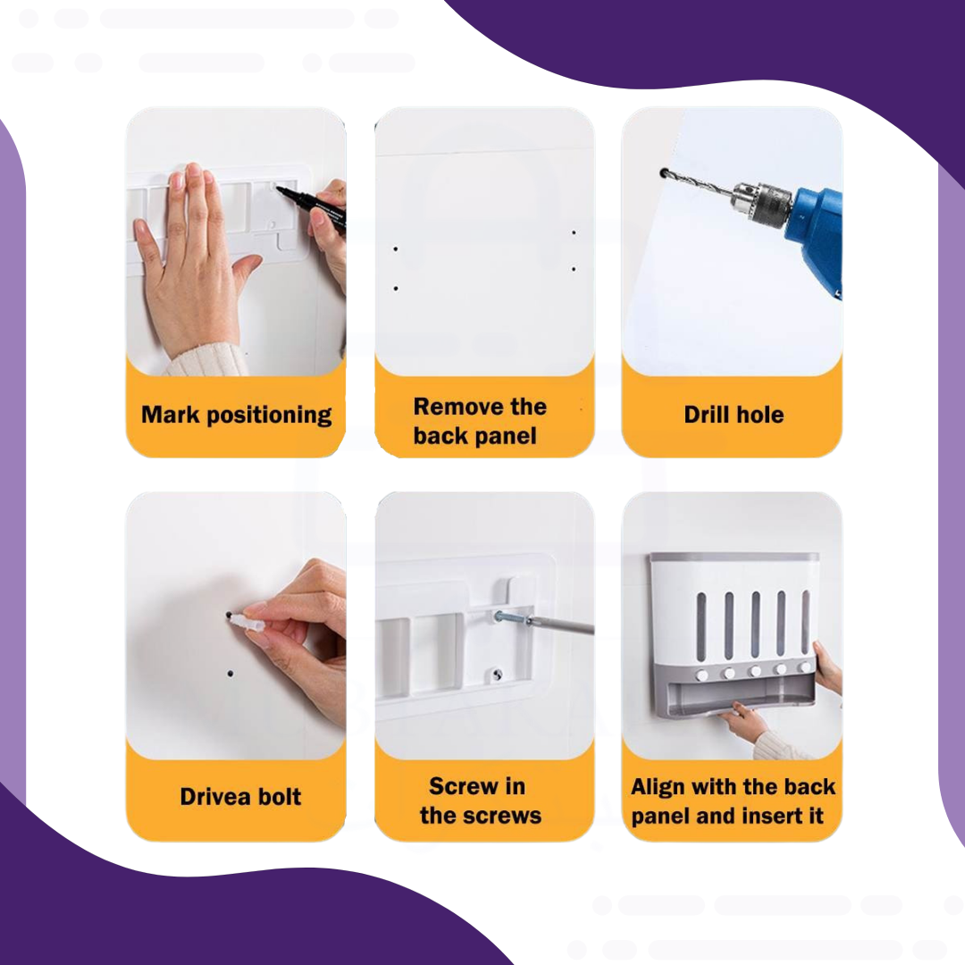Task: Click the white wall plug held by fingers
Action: [x=247, y=619]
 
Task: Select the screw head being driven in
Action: [x=499, y=615]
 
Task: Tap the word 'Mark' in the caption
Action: [x=171, y=415]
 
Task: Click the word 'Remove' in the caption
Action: [x=452, y=407]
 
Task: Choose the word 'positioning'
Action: [x=269, y=415]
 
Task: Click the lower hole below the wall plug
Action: [x=231, y=674]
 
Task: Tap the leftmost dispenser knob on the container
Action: [x=701, y=675]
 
